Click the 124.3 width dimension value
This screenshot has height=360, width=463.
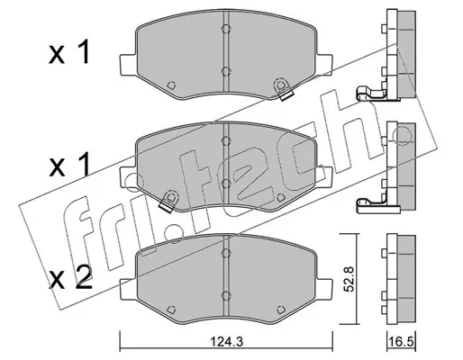(226, 341)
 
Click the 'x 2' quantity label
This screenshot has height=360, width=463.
(70, 278)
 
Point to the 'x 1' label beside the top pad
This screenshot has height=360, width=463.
(69, 53)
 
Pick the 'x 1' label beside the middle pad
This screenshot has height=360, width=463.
(69, 164)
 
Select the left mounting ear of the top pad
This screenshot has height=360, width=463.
(128, 65)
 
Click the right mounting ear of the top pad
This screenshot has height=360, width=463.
(324, 65)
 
